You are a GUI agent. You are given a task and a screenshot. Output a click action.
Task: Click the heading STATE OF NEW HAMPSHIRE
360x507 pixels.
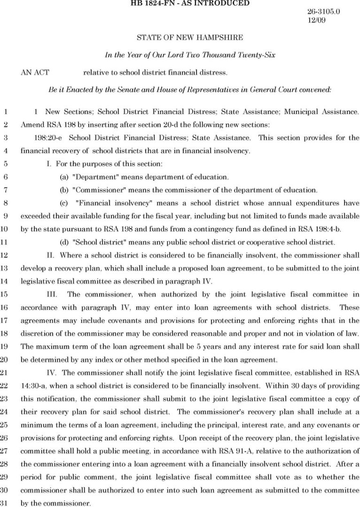coord(189,38)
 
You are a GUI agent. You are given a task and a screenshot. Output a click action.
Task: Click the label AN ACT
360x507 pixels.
coord(35,73)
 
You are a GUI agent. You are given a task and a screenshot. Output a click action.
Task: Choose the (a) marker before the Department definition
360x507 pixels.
coord(64,177)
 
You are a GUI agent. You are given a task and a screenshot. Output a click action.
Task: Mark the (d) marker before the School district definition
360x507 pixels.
coord(64,242)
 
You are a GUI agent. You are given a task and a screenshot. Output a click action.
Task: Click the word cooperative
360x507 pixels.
coord(261,242)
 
